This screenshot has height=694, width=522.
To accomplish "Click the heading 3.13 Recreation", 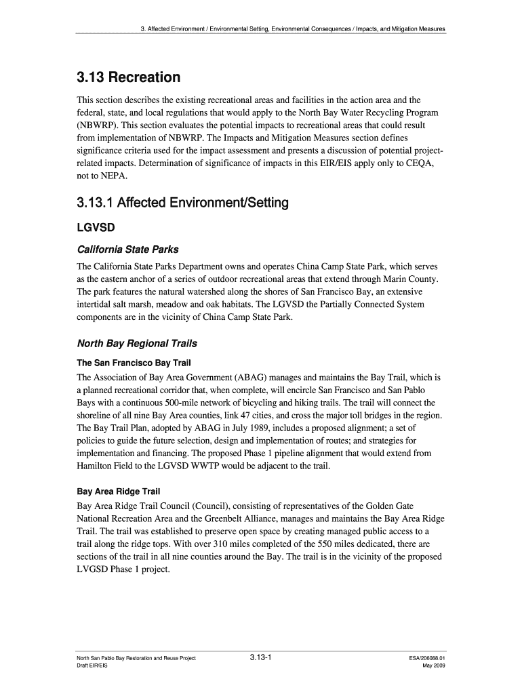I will [x=128, y=77].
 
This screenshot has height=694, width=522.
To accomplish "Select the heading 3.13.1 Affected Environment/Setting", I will [x=182, y=203].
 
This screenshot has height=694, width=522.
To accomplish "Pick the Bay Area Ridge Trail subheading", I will [x=119, y=491].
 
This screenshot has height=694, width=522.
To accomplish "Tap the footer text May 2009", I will [x=434, y=666].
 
